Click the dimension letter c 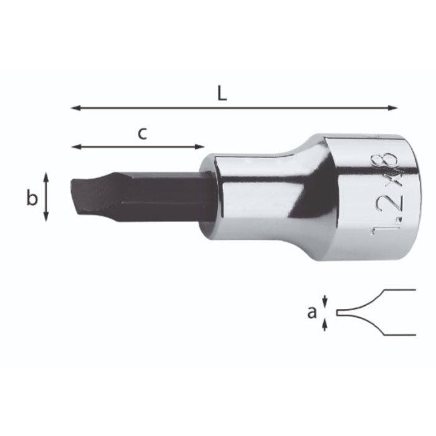(143, 133)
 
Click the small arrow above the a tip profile (325, 301)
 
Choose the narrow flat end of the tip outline (338, 313)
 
